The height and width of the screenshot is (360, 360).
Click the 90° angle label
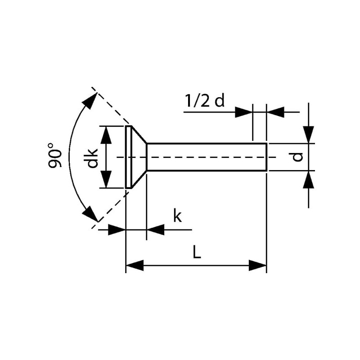(54, 155)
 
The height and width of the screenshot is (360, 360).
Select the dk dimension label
(91, 158)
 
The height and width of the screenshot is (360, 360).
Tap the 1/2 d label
(205, 101)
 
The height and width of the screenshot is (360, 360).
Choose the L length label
(197, 252)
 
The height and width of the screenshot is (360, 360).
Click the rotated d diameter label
(297, 157)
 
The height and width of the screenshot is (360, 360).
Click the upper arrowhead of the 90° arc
(90, 101)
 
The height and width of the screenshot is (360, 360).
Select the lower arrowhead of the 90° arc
(90, 213)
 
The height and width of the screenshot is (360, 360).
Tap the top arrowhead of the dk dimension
(106, 135)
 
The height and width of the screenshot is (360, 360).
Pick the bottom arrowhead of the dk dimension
(106, 179)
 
